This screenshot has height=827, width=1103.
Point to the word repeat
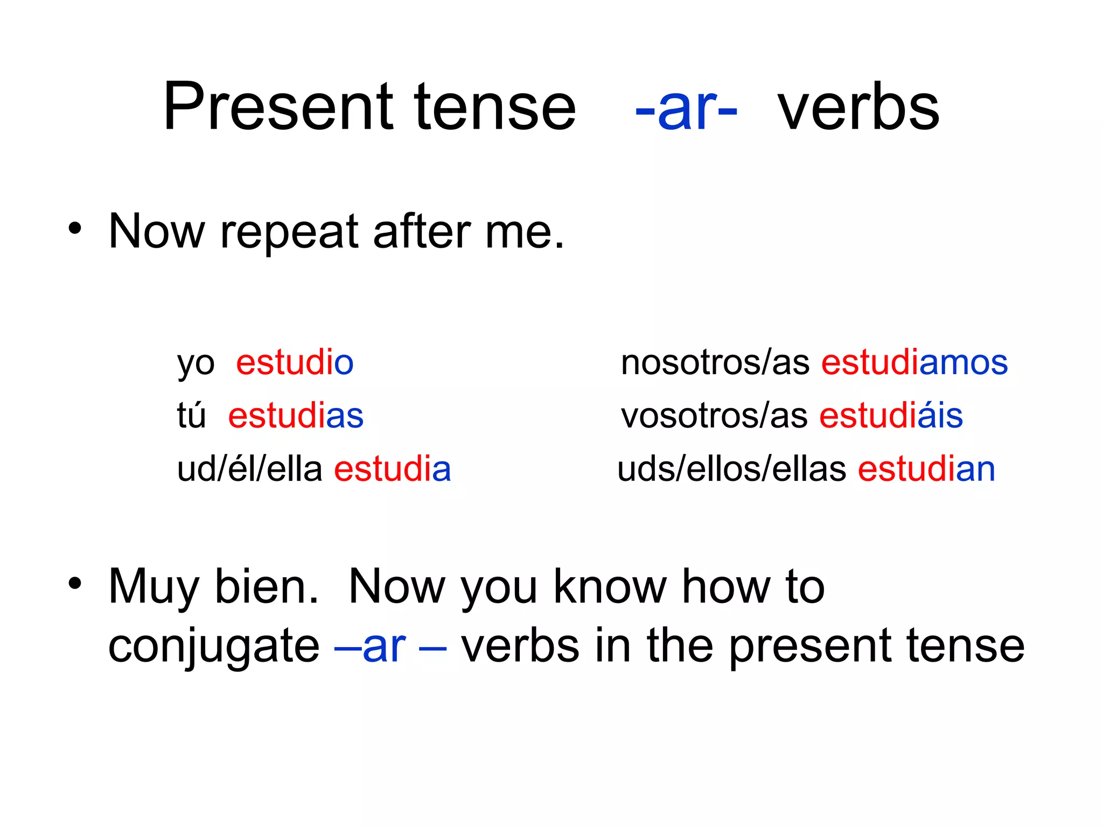(289, 233)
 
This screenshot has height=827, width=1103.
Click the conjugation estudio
(295, 362)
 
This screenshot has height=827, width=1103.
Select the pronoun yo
(196, 364)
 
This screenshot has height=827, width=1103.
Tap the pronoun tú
(192, 415)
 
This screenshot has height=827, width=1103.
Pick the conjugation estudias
(296, 415)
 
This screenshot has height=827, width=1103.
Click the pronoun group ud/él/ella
(249, 468)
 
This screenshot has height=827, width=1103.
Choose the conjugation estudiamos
(914, 362)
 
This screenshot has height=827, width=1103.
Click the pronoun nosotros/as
(715, 362)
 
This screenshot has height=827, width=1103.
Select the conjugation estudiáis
(891, 415)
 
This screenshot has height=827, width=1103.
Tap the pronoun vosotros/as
(714, 415)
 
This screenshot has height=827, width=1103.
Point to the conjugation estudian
(926, 468)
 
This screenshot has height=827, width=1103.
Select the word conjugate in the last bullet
(214, 646)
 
